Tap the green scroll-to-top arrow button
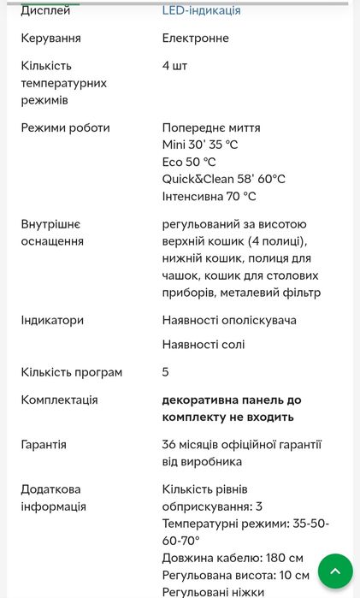click(x=335, y=571)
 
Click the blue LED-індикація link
click(x=201, y=10)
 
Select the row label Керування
click(x=51, y=38)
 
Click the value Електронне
click(x=196, y=38)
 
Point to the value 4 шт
click(x=174, y=66)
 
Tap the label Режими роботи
click(x=66, y=127)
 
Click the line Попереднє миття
click(x=211, y=127)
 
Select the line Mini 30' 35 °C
click(x=200, y=145)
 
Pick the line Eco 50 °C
click(x=189, y=162)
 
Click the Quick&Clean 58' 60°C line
click(x=224, y=179)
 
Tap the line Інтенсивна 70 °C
click(x=210, y=196)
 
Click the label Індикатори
click(x=52, y=320)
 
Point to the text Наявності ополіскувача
click(x=229, y=320)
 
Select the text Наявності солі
click(x=204, y=344)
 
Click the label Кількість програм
click(x=72, y=372)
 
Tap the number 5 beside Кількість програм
click(x=166, y=372)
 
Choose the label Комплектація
click(x=60, y=400)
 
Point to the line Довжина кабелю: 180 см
click(x=233, y=558)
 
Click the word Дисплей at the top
click(x=46, y=10)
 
